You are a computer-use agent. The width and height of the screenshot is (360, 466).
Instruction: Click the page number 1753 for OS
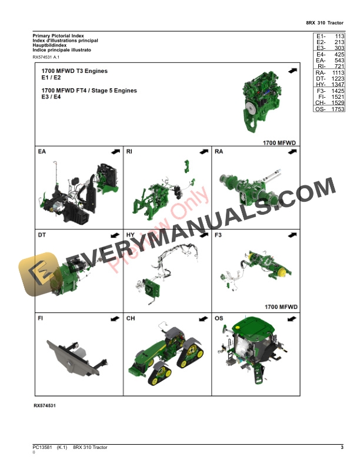coord(336,109)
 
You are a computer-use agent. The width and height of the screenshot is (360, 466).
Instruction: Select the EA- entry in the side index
coord(321,60)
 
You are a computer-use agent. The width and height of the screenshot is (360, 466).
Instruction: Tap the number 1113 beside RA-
coord(336,72)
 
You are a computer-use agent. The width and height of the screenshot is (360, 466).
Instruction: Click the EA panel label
coord(42,152)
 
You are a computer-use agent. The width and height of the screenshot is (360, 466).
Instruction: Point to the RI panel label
coord(129,152)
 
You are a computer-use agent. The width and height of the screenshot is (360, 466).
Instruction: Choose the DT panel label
coord(42,235)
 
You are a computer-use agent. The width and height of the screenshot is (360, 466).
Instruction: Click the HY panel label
coord(131,235)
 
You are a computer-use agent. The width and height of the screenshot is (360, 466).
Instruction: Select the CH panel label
coord(131,318)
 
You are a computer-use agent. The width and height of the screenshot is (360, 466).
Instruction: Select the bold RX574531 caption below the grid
coord(45,406)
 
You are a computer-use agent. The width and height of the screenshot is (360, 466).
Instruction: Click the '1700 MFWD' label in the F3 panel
coord(281,307)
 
